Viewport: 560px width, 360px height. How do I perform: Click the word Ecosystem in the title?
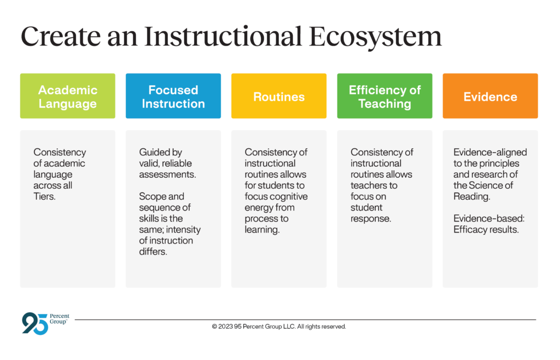coord(375,37)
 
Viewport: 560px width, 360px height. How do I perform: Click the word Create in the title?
coord(61,37)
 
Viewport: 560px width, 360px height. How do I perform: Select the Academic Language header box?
coord(67,96)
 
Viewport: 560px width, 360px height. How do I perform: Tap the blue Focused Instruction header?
coord(173,96)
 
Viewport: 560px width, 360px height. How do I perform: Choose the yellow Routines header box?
coord(279,96)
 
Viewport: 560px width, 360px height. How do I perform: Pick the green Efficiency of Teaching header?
coord(384,96)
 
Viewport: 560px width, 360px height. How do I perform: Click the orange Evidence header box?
coord(491,96)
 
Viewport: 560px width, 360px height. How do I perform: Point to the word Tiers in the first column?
coord(44,196)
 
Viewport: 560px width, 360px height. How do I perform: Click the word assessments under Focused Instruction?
coord(167,175)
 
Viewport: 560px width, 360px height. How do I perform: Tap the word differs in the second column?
coord(153,252)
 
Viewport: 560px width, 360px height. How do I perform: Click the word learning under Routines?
coord(262,230)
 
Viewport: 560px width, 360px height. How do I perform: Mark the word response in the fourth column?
coord(371,219)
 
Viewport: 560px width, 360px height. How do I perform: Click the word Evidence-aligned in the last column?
coord(490,153)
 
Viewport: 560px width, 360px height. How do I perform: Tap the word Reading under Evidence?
coord(472,197)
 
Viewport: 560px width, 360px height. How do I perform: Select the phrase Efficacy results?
coord(486,230)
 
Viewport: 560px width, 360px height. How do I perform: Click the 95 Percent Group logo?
coord(46,323)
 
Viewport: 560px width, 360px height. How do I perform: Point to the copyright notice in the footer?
coord(279,327)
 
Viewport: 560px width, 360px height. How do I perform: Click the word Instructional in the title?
coord(223,36)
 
